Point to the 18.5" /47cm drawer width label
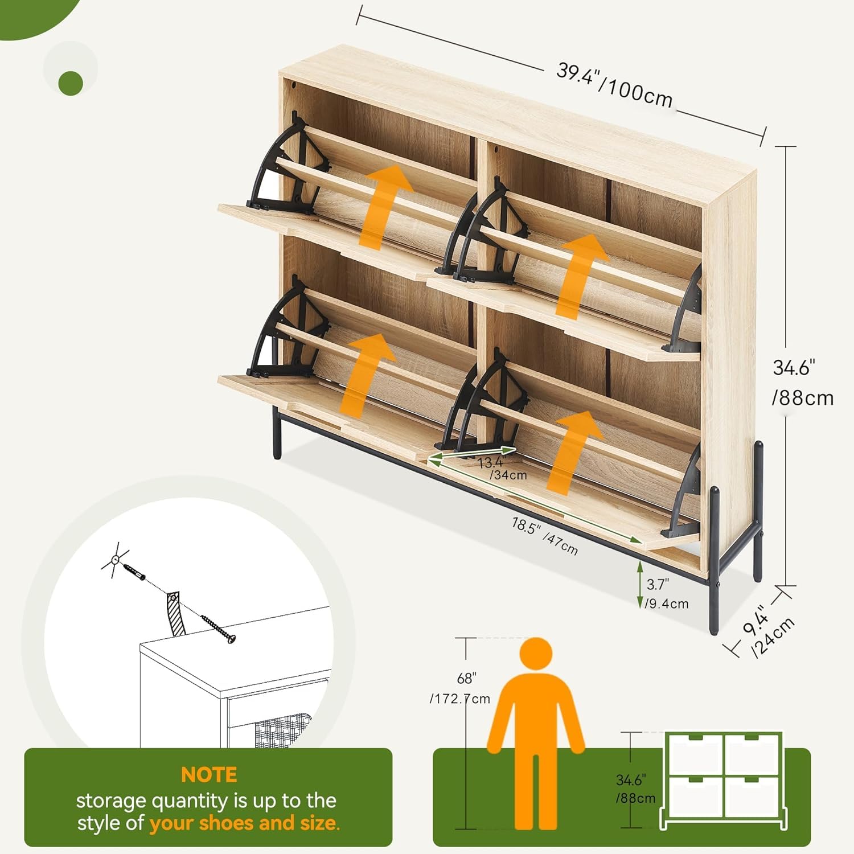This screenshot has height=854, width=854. click(544, 536)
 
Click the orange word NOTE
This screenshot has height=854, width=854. click(209, 775)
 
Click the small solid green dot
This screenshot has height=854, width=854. click(71, 83)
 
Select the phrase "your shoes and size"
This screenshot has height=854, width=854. click(244, 824)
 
